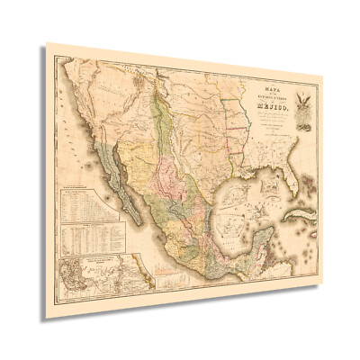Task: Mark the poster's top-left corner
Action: click(x=49, y=42)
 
